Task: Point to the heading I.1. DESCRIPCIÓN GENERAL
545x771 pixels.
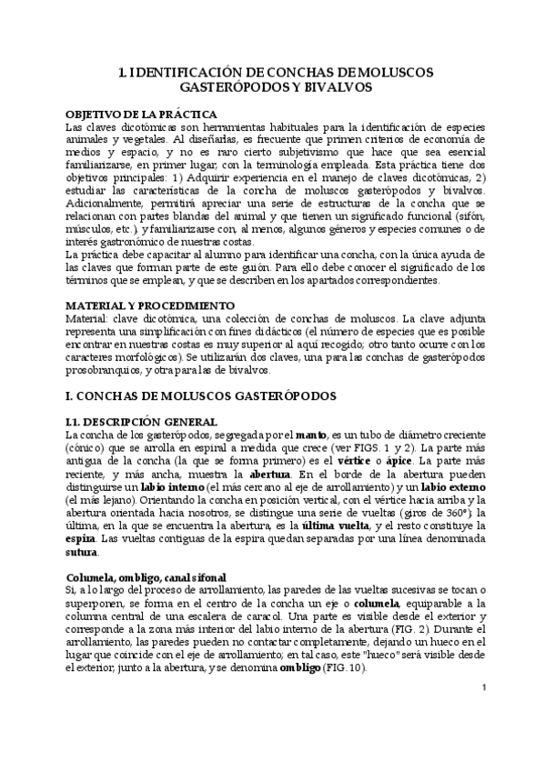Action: click(x=142, y=422)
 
